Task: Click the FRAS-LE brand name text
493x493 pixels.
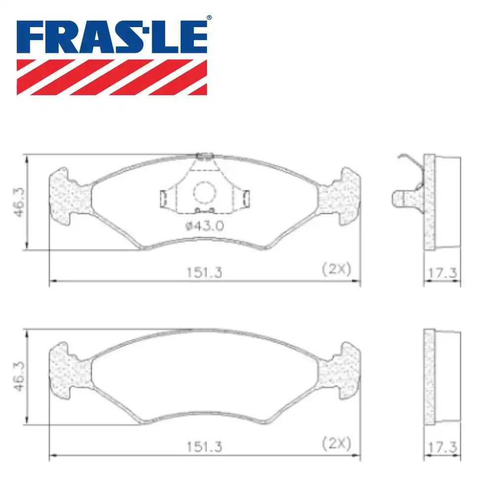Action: click(x=112, y=36)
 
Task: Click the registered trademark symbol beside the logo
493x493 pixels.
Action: click(x=209, y=18)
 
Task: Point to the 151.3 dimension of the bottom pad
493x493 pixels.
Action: click(x=204, y=447)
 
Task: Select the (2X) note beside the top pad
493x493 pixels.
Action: click(x=336, y=269)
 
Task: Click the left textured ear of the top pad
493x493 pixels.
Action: click(x=69, y=197)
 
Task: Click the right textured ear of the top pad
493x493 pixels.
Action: click(x=340, y=197)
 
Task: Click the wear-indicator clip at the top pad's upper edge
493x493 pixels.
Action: click(x=204, y=156)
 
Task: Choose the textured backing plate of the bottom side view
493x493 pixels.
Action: click(x=429, y=377)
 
